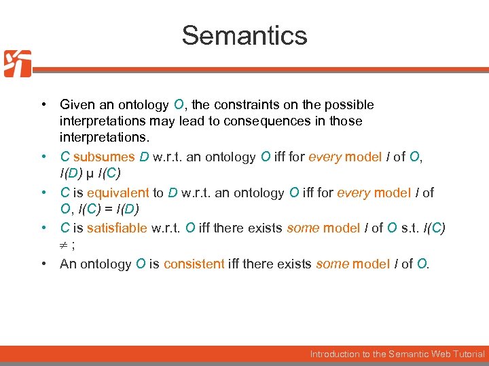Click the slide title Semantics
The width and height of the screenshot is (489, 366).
coord(244,35)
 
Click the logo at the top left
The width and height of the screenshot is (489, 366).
coord(18,64)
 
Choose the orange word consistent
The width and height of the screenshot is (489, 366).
coord(194,264)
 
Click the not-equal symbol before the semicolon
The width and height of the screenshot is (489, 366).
coord(64,246)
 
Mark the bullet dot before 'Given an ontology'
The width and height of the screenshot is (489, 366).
coord(43,105)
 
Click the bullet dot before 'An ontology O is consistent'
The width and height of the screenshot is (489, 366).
coord(43,264)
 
